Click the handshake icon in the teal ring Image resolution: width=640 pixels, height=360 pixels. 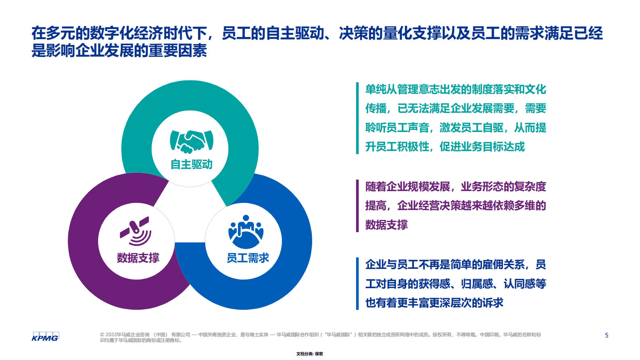click(192, 141)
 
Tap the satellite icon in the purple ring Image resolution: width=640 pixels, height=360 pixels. click(136, 231)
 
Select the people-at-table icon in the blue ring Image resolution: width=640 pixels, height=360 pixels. click(246, 232)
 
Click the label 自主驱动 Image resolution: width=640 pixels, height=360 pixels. click(191, 164)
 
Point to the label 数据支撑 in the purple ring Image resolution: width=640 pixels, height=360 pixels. click(138, 257)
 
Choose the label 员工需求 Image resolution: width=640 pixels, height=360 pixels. click(248, 258)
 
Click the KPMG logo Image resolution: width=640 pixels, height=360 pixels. click(45, 337)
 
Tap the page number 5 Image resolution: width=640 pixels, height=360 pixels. click(607, 335)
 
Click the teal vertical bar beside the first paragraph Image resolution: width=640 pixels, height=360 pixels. click(357, 118)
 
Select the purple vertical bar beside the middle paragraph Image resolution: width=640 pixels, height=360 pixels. click(357, 206)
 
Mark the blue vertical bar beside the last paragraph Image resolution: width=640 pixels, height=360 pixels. click(357, 284)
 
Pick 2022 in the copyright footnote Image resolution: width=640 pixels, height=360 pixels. click(111, 335)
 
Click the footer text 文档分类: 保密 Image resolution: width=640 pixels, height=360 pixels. click(310, 354)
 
